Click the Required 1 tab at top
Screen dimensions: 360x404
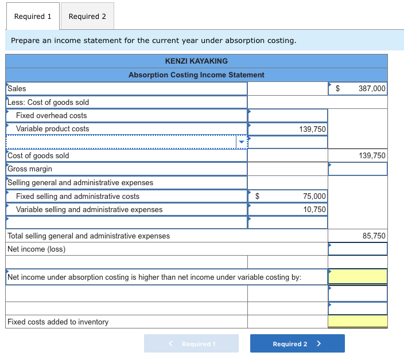(x=33, y=16)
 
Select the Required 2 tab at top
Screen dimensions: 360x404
(x=87, y=16)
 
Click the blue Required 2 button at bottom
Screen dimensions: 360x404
(x=297, y=343)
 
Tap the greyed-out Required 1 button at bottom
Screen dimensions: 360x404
(x=191, y=343)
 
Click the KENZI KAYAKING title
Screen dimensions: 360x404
(x=196, y=61)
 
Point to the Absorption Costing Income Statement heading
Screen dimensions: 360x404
(x=196, y=75)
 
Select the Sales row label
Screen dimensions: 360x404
(x=17, y=88)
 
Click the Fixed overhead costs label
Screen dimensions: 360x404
(x=51, y=115)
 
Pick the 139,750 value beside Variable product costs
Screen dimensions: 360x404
(x=312, y=129)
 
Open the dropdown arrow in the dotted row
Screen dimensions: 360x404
(x=242, y=142)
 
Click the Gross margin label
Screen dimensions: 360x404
(x=30, y=169)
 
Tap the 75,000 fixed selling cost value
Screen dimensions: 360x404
(x=314, y=196)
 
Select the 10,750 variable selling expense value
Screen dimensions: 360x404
(x=314, y=209)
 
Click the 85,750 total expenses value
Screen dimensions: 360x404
(x=374, y=236)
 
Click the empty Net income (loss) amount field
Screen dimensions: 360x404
(x=358, y=249)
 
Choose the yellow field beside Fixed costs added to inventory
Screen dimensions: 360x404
(x=358, y=322)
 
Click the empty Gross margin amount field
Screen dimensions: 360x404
(x=358, y=169)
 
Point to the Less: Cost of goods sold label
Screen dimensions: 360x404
(x=49, y=102)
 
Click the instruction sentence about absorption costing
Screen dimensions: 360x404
(x=154, y=41)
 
